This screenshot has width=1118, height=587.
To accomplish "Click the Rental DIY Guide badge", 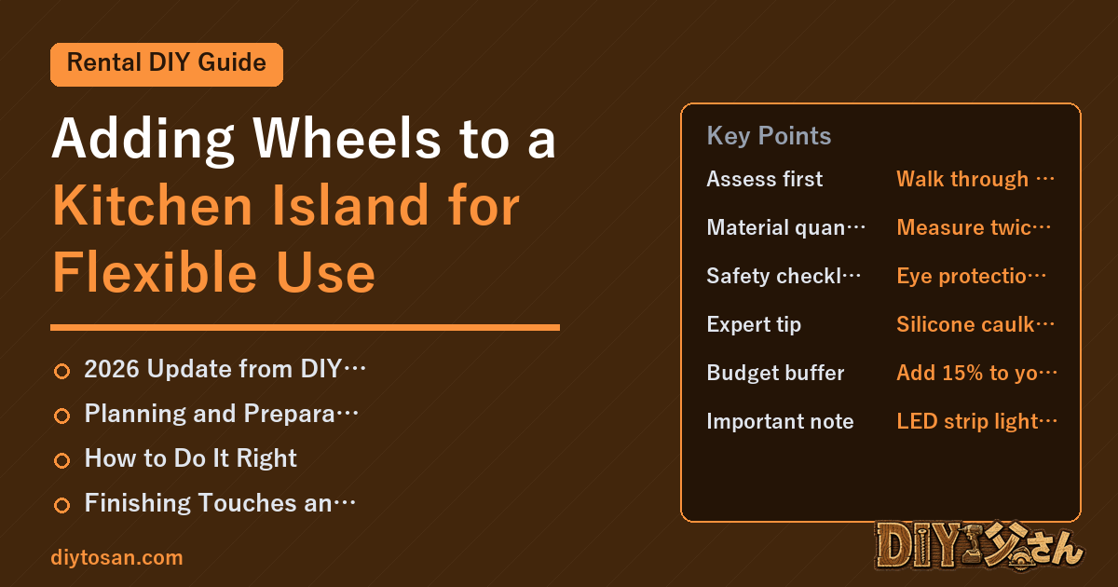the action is (167, 64).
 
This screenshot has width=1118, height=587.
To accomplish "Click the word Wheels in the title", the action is (347, 138).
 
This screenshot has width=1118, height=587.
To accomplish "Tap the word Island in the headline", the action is (350, 205).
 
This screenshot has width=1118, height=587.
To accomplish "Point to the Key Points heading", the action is (769, 136).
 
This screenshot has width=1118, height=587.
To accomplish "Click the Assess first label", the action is (764, 179).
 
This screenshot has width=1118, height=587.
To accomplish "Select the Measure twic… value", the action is (974, 227).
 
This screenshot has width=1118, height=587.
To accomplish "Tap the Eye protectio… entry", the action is (971, 276).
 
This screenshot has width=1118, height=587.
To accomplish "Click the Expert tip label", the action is (754, 324).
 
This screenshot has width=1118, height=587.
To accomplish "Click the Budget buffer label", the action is (775, 373).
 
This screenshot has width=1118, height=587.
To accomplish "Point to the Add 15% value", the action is (976, 373).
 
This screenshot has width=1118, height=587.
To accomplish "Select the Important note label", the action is (780, 421).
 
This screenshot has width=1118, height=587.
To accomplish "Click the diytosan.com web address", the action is (116, 557).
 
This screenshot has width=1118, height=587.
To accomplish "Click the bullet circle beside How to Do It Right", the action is (61, 460).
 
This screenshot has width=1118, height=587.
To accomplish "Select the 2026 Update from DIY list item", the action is (225, 369).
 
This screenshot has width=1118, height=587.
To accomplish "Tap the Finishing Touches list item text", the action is (220, 502).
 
